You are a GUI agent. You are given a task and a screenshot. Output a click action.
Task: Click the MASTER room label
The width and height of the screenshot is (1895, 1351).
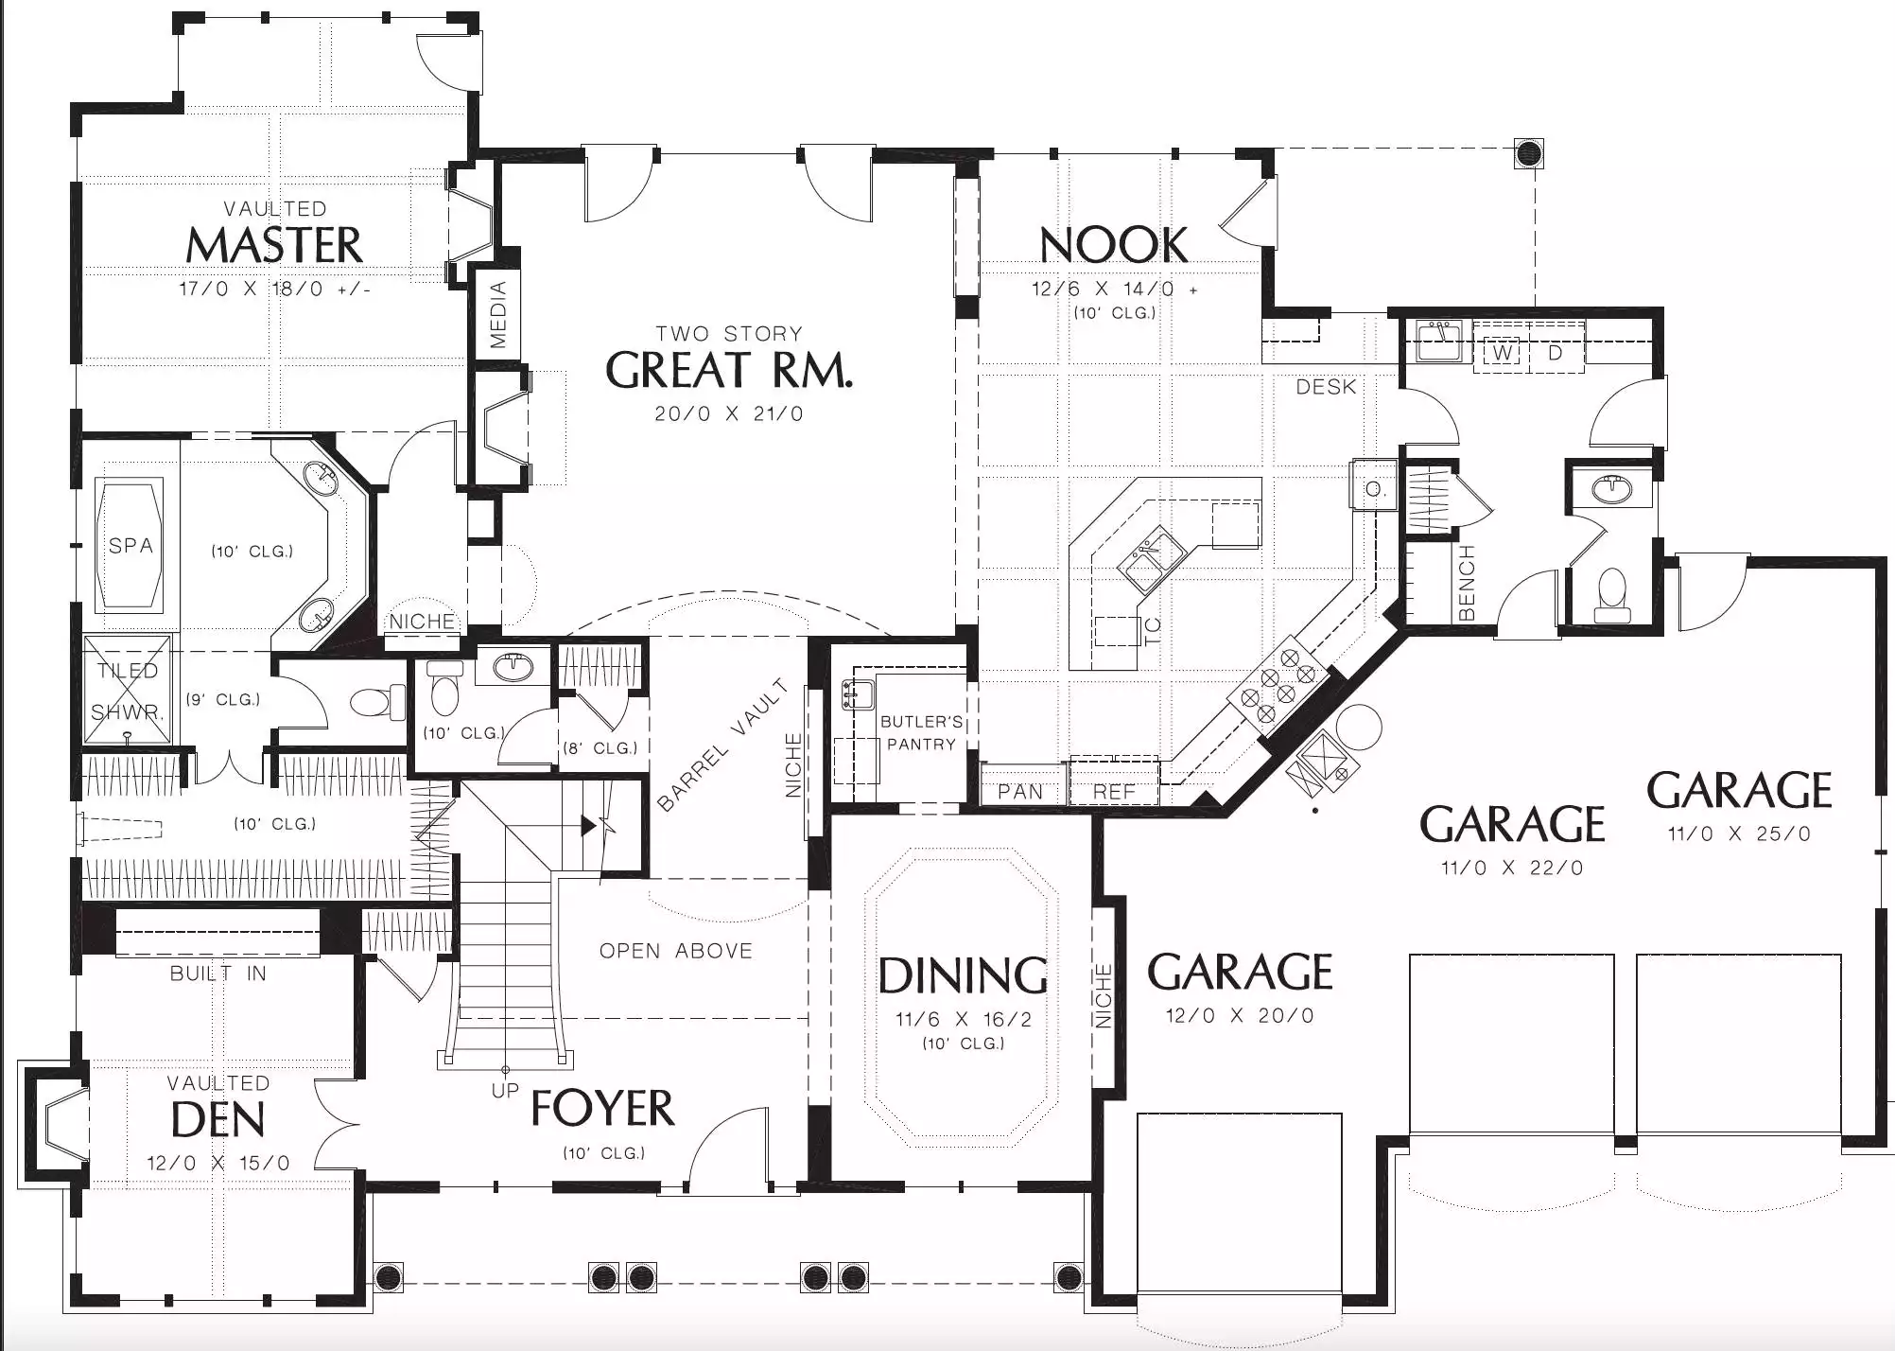pyautogui.click(x=274, y=245)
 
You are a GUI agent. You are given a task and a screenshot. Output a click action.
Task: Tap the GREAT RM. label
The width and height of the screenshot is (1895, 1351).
pyautogui.click(x=729, y=370)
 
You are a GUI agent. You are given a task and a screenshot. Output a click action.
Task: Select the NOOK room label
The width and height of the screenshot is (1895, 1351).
pyautogui.click(x=1114, y=245)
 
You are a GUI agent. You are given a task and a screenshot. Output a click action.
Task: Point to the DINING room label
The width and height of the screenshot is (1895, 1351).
pyautogui.click(x=964, y=976)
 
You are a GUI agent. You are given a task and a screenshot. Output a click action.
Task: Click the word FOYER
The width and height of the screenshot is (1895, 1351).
pyautogui.click(x=603, y=1108)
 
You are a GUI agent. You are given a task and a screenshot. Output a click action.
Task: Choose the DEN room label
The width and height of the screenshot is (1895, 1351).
pyautogui.click(x=218, y=1120)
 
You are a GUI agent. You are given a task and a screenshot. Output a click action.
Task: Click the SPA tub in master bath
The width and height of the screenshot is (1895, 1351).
pyautogui.click(x=130, y=545)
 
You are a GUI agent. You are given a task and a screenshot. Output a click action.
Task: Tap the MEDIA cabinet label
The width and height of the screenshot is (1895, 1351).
pyautogui.click(x=498, y=314)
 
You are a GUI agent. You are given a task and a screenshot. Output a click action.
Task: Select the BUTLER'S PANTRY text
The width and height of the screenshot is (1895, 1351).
pyautogui.click(x=922, y=733)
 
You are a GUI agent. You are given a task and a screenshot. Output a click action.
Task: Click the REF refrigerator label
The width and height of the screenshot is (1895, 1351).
pyautogui.click(x=1114, y=792)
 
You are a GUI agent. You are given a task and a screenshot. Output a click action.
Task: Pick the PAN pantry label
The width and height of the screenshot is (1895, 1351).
pyautogui.click(x=1020, y=792)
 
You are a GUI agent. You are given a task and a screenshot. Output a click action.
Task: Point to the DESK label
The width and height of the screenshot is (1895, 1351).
pyautogui.click(x=1326, y=387)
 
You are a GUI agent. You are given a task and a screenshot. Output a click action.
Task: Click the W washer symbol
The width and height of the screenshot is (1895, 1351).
pyautogui.click(x=1503, y=353)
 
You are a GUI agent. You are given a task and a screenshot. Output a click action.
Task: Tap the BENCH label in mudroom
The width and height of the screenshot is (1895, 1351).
pyautogui.click(x=1467, y=583)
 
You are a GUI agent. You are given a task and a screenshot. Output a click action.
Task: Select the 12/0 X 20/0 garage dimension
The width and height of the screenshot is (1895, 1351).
pyautogui.click(x=1240, y=1016)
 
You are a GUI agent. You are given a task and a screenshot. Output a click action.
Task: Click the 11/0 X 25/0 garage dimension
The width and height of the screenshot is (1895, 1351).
pyautogui.click(x=1739, y=834)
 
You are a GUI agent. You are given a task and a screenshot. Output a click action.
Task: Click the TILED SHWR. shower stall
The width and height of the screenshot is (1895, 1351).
pyautogui.click(x=128, y=691)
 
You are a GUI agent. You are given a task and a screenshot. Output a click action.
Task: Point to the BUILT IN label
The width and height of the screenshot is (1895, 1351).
pyautogui.click(x=218, y=974)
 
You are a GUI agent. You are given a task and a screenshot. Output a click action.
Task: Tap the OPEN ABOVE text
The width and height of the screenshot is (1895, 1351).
pyautogui.click(x=676, y=951)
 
